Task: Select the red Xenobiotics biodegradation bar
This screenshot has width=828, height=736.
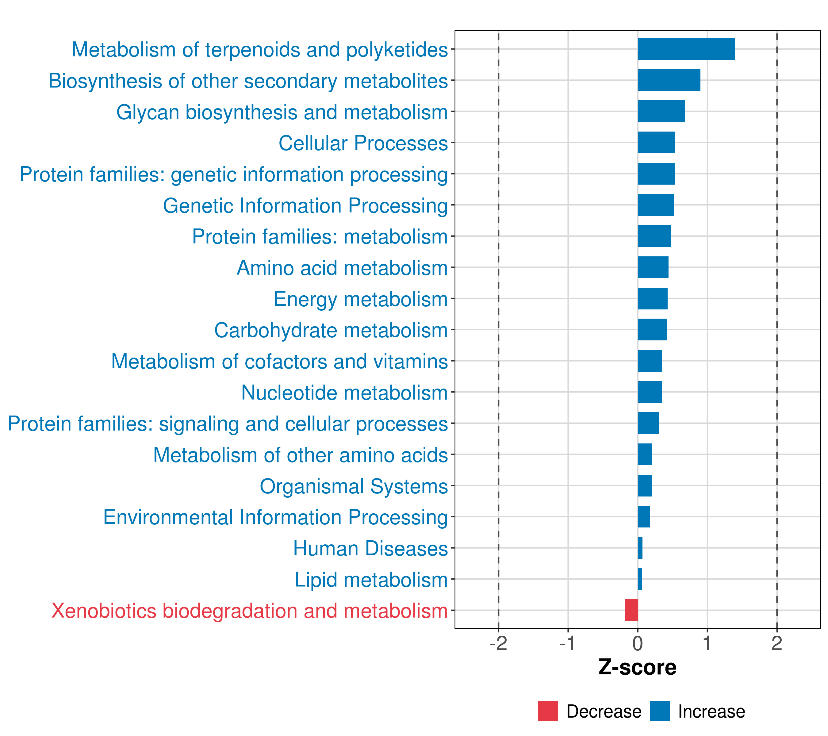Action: point(631,610)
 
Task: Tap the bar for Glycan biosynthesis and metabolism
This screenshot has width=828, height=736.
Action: point(661,111)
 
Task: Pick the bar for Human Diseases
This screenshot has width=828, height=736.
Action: point(640,548)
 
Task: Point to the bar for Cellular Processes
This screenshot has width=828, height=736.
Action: point(656,143)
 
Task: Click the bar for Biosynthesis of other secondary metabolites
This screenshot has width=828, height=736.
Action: point(669,80)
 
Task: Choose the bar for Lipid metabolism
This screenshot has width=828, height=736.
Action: point(640,579)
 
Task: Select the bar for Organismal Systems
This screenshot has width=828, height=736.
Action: point(645,486)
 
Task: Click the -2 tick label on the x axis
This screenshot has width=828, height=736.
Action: point(498,644)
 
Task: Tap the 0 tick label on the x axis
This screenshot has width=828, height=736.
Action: point(638,644)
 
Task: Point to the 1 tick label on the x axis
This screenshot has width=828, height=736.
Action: point(707,644)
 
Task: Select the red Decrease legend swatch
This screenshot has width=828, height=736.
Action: point(548,711)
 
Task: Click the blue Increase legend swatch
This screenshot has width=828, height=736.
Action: point(659,711)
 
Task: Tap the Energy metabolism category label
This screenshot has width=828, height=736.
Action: point(361,299)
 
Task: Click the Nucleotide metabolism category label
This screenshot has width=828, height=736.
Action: point(344,393)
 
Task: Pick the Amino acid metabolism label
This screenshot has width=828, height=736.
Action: point(342,268)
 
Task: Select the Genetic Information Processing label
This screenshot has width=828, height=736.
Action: point(305,206)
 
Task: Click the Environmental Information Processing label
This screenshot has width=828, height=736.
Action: point(275,517)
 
